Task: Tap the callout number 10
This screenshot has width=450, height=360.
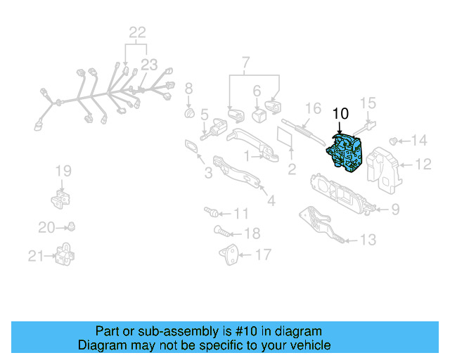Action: tap(340, 113)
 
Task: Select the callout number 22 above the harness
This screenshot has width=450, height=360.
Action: tap(136, 32)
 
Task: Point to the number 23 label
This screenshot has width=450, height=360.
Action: tap(149, 65)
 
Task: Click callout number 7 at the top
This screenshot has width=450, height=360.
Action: tap(245, 65)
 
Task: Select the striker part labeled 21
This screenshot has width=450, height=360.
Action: tap(65, 254)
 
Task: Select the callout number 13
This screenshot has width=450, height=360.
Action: tap(368, 240)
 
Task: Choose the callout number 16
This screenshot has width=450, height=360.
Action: tap(312, 109)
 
